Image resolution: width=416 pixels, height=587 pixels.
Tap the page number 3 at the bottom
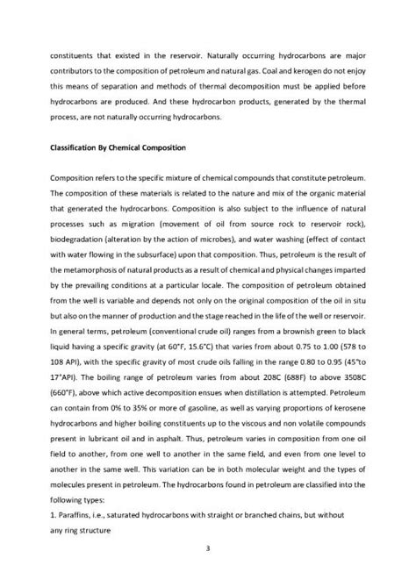pyautogui.click(x=208, y=549)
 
